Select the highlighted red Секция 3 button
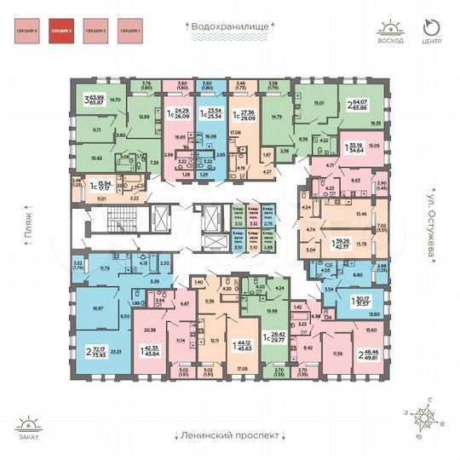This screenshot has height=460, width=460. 61,32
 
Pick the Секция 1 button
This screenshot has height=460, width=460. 129,32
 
